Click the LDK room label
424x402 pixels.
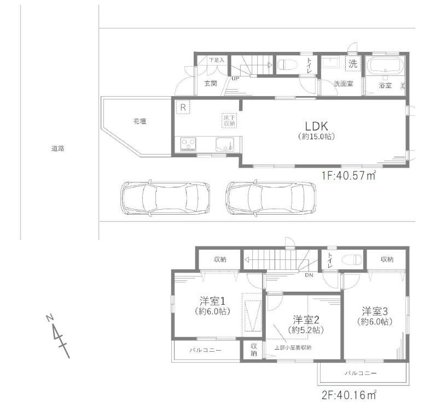point(316,126)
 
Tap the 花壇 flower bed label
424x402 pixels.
point(140,121)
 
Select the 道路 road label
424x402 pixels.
point(57,148)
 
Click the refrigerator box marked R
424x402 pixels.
point(183,107)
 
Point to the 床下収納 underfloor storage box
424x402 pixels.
point(229,120)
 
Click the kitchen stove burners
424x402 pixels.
point(188,143)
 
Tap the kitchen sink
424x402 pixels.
point(225,144)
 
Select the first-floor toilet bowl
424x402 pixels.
point(287,65)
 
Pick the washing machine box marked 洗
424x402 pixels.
point(353,64)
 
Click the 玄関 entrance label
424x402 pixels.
point(211,84)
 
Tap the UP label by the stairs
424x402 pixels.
point(235,79)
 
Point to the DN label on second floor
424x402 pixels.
point(309,275)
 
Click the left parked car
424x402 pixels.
point(165,198)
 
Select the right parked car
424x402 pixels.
point(271,198)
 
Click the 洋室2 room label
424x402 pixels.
point(306,320)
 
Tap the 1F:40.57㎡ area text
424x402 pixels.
point(349,176)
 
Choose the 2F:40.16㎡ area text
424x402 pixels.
point(349,395)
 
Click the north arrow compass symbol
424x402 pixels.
point(58,336)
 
